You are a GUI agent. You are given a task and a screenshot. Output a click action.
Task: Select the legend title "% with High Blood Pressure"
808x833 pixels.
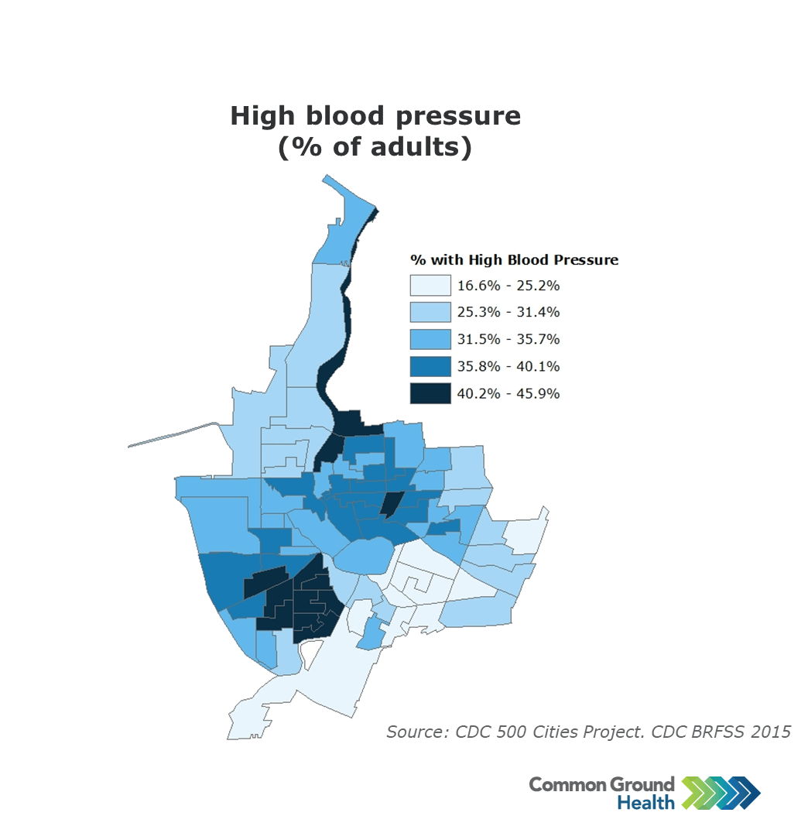pyautogui.click(x=514, y=260)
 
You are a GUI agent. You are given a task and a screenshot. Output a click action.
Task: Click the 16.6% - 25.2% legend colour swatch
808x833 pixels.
pyautogui.click(x=430, y=286)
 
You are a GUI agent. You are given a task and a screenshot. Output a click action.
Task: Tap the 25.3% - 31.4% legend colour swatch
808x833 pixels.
pyautogui.click(x=430, y=313)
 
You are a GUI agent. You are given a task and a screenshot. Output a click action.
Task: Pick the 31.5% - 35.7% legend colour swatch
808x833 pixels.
pyautogui.click(x=430, y=339)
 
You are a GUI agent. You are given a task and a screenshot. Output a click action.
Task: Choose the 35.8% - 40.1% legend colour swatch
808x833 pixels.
pyautogui.click(x=430, y=366)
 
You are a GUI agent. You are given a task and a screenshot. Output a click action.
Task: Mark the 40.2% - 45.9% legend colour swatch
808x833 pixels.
pyautogui.click(x=430, y=393)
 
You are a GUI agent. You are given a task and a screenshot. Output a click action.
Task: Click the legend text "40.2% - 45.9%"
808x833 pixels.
pyautogui.click(x=508, y=393)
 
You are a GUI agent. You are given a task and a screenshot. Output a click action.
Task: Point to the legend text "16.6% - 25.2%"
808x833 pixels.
pyautogui.click(x=508, y=286)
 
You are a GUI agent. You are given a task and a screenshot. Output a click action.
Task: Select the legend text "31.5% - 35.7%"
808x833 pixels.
pyautogui.click(x=508, y=339)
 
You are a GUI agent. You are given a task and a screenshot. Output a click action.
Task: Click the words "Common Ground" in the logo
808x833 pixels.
pyautogui.click(x=601, y=784)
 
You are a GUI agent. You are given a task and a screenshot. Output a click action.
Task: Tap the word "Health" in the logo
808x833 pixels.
pyautogui.click(x=645, y=803)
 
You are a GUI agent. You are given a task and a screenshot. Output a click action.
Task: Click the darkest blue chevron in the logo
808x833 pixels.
pyautogui.click(x=747, y=794)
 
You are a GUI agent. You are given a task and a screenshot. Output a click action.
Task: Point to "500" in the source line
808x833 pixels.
pyautogui.click(x=512, y=732)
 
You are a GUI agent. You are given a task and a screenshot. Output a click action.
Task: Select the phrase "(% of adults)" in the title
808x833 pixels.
pyautogui.click(x=375, y=147)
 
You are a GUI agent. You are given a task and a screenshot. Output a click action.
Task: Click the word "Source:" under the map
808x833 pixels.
pyautogui.click(x=415, y=732)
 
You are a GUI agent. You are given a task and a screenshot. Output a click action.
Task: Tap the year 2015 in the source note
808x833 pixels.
pyautogui.click(x=771, y=732)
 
